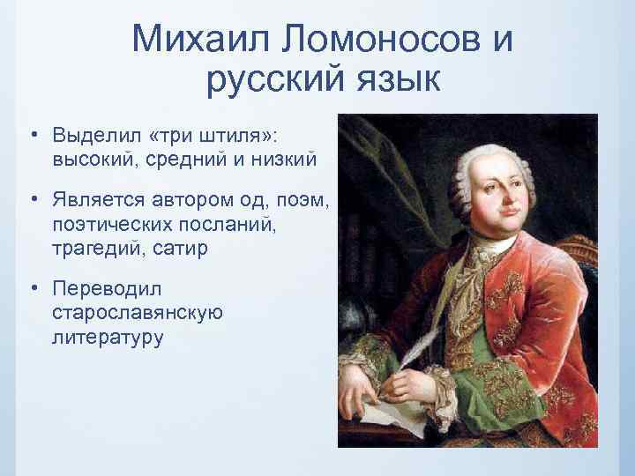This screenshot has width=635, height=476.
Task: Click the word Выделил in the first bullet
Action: tap(98, 136)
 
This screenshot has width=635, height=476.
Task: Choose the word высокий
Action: tap(91, 159)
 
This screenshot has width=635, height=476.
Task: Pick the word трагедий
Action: tap(94, 248)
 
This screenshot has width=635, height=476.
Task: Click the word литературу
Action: tap(108, 336)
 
